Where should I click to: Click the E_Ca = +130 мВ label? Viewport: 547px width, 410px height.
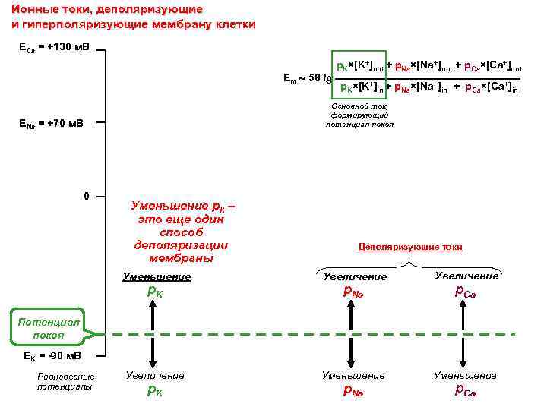52,48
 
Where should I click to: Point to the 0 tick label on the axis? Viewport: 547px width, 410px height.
87,197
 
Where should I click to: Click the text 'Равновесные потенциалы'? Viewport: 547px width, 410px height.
66,381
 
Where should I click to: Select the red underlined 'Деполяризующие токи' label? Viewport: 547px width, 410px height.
409,247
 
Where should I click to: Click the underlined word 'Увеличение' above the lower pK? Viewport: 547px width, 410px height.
155,375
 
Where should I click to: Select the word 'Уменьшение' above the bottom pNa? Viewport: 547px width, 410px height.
353,375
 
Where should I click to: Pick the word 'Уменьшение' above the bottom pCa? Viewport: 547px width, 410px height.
465,375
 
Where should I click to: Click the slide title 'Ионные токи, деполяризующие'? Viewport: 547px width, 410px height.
107,9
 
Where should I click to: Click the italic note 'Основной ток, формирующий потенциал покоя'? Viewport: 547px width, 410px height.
359,115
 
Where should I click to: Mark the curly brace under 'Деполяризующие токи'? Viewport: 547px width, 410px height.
409,263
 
